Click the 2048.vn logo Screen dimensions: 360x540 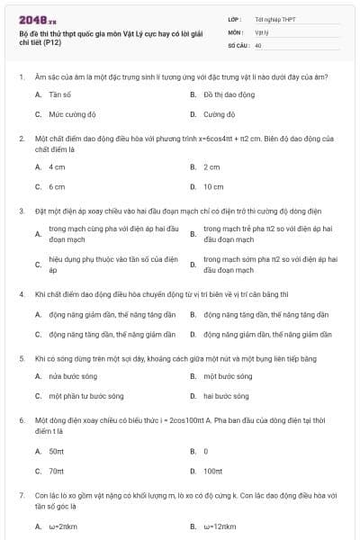[37, 19]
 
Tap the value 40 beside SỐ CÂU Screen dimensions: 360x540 [258, 43]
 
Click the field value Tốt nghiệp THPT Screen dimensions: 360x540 [274, 18]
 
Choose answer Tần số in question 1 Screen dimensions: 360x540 [60, 94]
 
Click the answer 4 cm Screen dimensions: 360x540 [57, 166]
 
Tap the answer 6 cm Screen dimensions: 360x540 [57, 187]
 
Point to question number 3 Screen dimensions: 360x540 [21, 211]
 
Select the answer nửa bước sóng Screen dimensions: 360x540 [73, 375]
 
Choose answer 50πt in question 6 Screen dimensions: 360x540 [56, 451]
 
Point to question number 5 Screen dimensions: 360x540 [21, 358]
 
